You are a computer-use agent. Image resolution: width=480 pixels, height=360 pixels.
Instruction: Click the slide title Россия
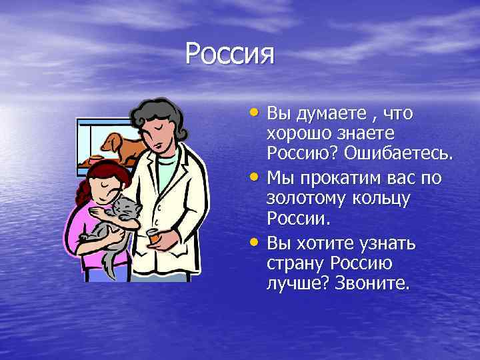click(x=230, y=54)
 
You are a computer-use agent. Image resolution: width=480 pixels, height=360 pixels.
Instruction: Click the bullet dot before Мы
click(x=260, y=175)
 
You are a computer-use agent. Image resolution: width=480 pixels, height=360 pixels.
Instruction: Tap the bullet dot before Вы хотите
click(x=260, y=239)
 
